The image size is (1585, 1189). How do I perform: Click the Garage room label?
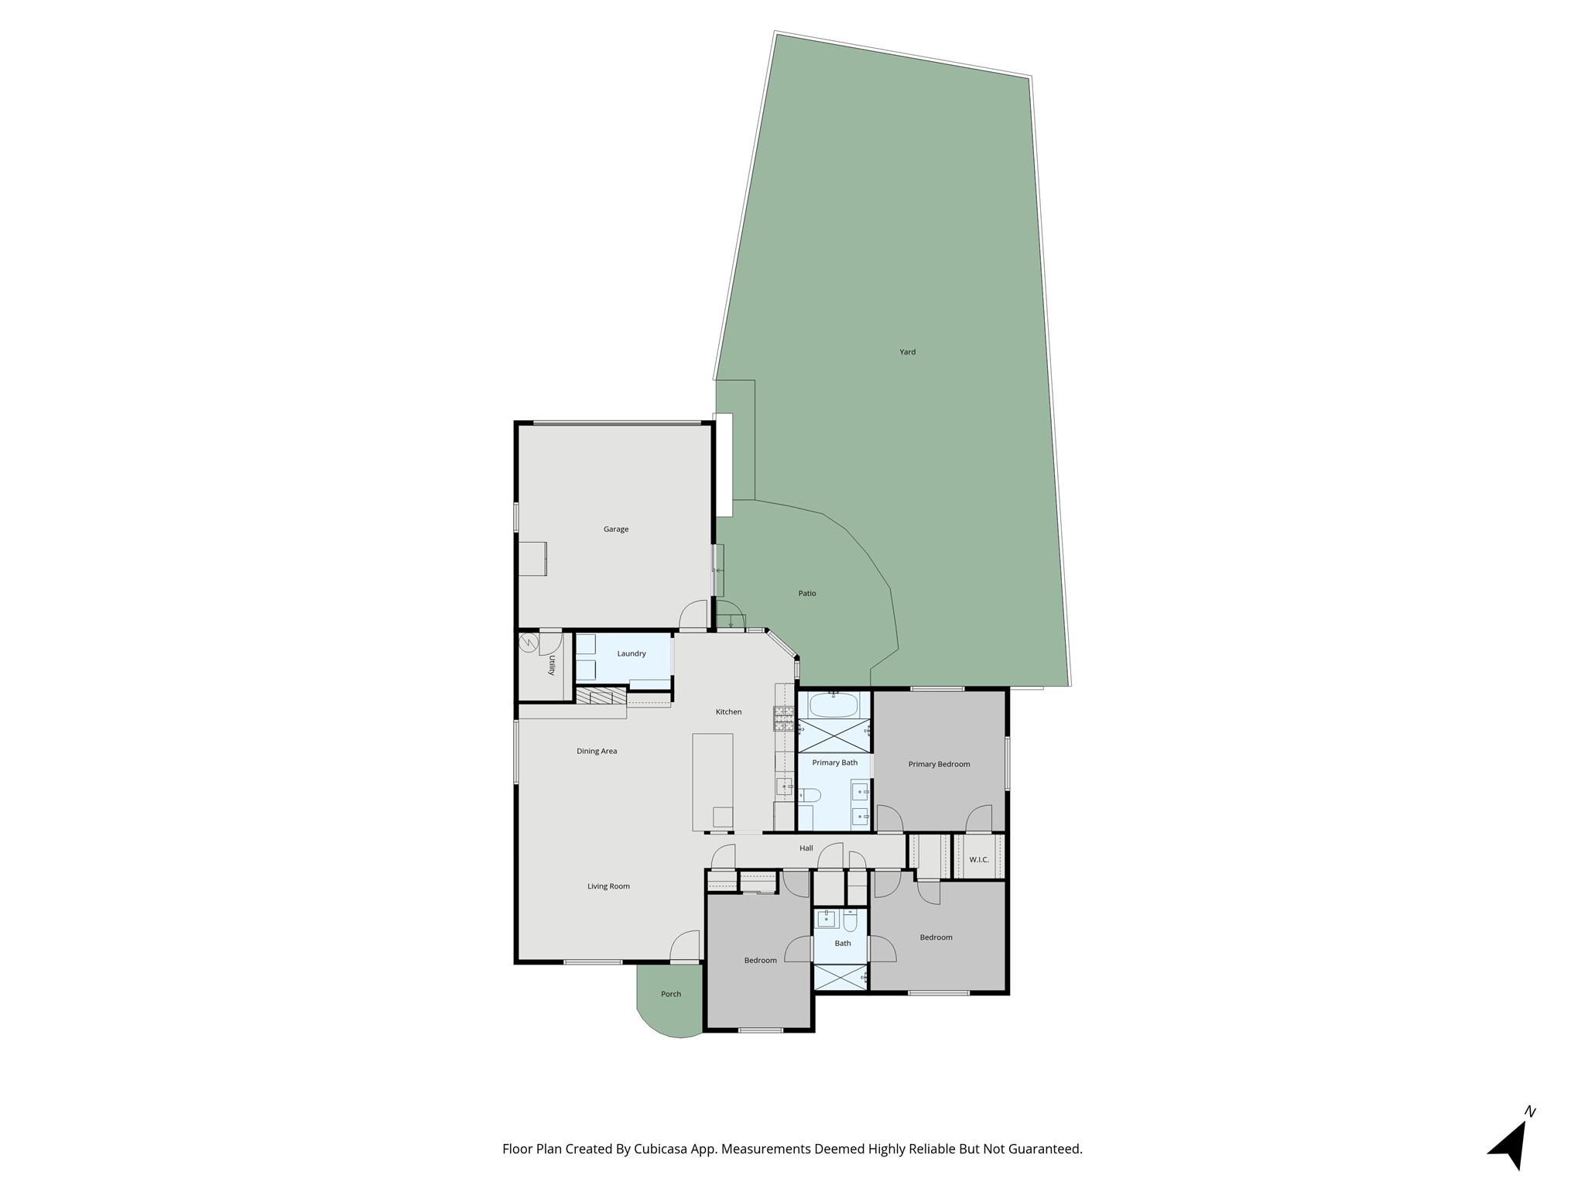click(616, 529)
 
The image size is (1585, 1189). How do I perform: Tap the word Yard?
click(907, 352)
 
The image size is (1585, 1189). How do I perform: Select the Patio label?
click(807, 594)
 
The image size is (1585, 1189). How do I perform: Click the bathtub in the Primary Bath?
click(833, 704)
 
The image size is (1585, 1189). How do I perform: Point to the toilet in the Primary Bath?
click(809, 794)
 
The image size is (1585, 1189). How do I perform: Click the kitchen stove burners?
click(783, 719)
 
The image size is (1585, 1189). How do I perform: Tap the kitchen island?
click(712, 782)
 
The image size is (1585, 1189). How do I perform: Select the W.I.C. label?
click(979, 860)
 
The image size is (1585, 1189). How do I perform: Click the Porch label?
click(671, 995)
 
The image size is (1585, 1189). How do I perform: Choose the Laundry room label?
click(632, 654)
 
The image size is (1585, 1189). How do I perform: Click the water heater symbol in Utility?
click(529, 643)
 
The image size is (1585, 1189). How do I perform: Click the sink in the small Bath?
click(827, 919)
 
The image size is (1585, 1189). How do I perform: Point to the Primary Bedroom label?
click(939, 765)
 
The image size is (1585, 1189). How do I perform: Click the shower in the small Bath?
click(841, 978)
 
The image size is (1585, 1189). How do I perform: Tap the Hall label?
click(806, 848)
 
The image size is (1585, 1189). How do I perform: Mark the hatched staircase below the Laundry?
click(601, 697)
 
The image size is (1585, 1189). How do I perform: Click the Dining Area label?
click(597, 752)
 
